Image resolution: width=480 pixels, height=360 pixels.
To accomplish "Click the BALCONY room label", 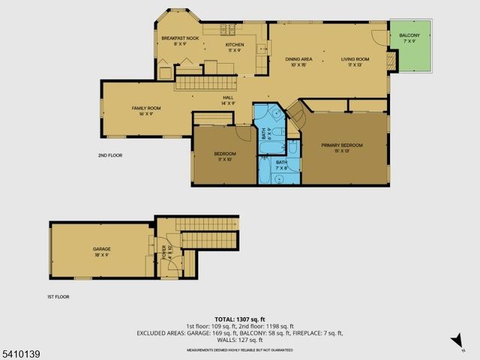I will click(409, 35).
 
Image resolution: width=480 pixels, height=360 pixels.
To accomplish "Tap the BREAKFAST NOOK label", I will click(180, 37).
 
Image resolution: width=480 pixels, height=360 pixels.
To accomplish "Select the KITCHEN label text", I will click(235, 43).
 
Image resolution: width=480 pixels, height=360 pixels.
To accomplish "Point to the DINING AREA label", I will click(298, 58).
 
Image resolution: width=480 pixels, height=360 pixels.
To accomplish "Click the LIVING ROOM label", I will click(355, 58).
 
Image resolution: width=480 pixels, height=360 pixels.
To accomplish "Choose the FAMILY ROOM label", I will click(141, 109).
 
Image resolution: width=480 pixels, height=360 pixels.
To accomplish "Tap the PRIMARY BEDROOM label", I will click(342, 145).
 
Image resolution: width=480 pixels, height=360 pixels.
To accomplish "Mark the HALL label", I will click(228, 97).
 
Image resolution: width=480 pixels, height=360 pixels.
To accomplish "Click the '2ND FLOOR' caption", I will click(109, 155).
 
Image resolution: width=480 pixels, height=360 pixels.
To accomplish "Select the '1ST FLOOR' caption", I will click(58, 297).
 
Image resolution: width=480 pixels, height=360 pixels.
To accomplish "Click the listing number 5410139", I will click(16, 352).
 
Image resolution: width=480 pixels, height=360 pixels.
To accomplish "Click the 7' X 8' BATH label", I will click(281, 165).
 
